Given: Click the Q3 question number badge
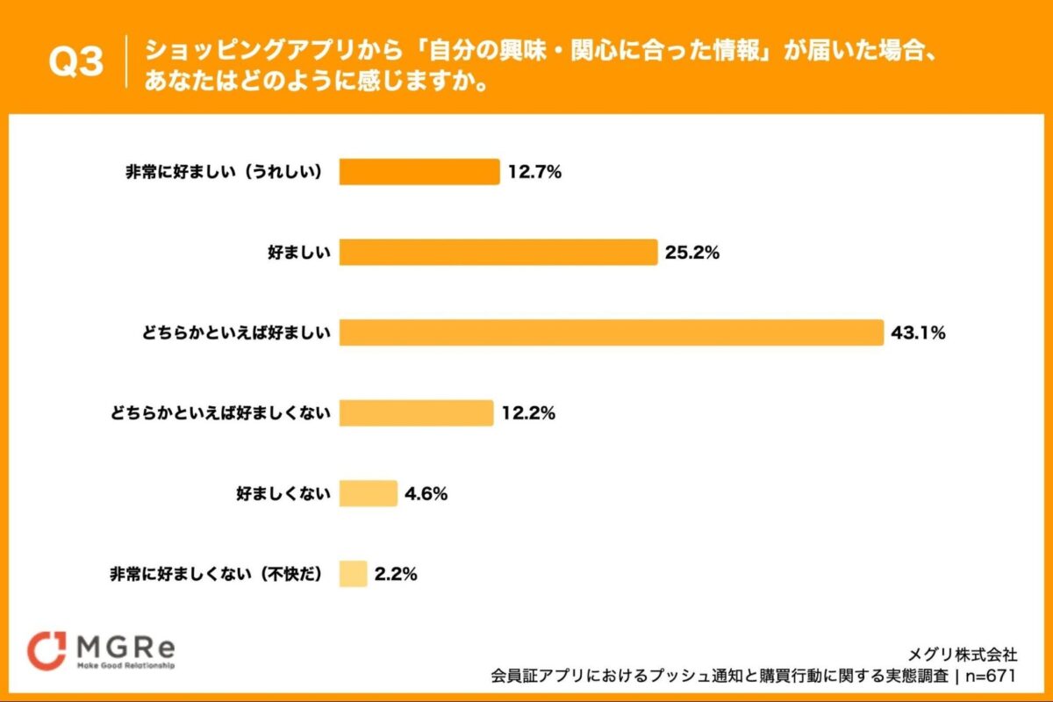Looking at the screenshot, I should (x=76, y=62).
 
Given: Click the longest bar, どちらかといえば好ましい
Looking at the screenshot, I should (x=611, y=333).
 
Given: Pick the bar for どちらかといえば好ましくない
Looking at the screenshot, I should (x=417, y=412).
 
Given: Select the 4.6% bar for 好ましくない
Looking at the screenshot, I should (x=369, y=493).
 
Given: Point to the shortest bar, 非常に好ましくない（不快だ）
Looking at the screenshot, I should (x=354, y=574).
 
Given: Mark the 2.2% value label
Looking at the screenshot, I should (x=396, y=574).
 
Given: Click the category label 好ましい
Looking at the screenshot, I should (x=298, y=253).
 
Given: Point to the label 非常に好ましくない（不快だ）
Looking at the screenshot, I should (x=217, y=574).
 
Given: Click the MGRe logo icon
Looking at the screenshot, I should (x=47, y=650).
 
